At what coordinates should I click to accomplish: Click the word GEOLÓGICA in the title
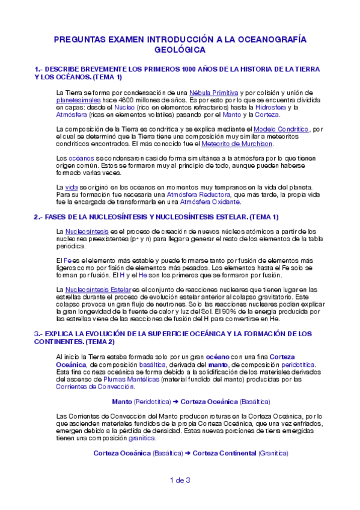[x=180, y=51]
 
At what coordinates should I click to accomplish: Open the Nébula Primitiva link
[x=213, y=91]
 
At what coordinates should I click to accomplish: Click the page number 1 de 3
[x=180, y=479]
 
